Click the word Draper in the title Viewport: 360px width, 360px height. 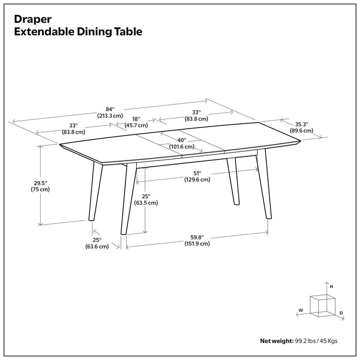click(x=33, y=19)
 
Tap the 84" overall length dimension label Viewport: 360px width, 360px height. click(x=110, y=109)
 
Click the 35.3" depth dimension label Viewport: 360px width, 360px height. click(x=301, y=124)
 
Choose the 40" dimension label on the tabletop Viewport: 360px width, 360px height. click(x=182, y=140)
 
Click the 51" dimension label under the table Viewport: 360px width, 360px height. click(x=197, y=173)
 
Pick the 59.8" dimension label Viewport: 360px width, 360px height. click(x=197, y=237)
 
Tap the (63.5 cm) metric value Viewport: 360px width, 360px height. click(x=146, y=203)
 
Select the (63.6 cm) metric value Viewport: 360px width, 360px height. click(x=97, y=247)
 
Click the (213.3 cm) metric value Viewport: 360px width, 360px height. click(x=110, y=116)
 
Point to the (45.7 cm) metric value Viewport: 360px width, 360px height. click(x=136, y=125)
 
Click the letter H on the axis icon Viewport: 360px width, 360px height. click(x=332, y=286)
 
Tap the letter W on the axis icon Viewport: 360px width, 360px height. click(x=299, y=310)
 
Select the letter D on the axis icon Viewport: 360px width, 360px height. click(x=341, y=313)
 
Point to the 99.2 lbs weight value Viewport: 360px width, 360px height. click(x=305, y=341)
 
